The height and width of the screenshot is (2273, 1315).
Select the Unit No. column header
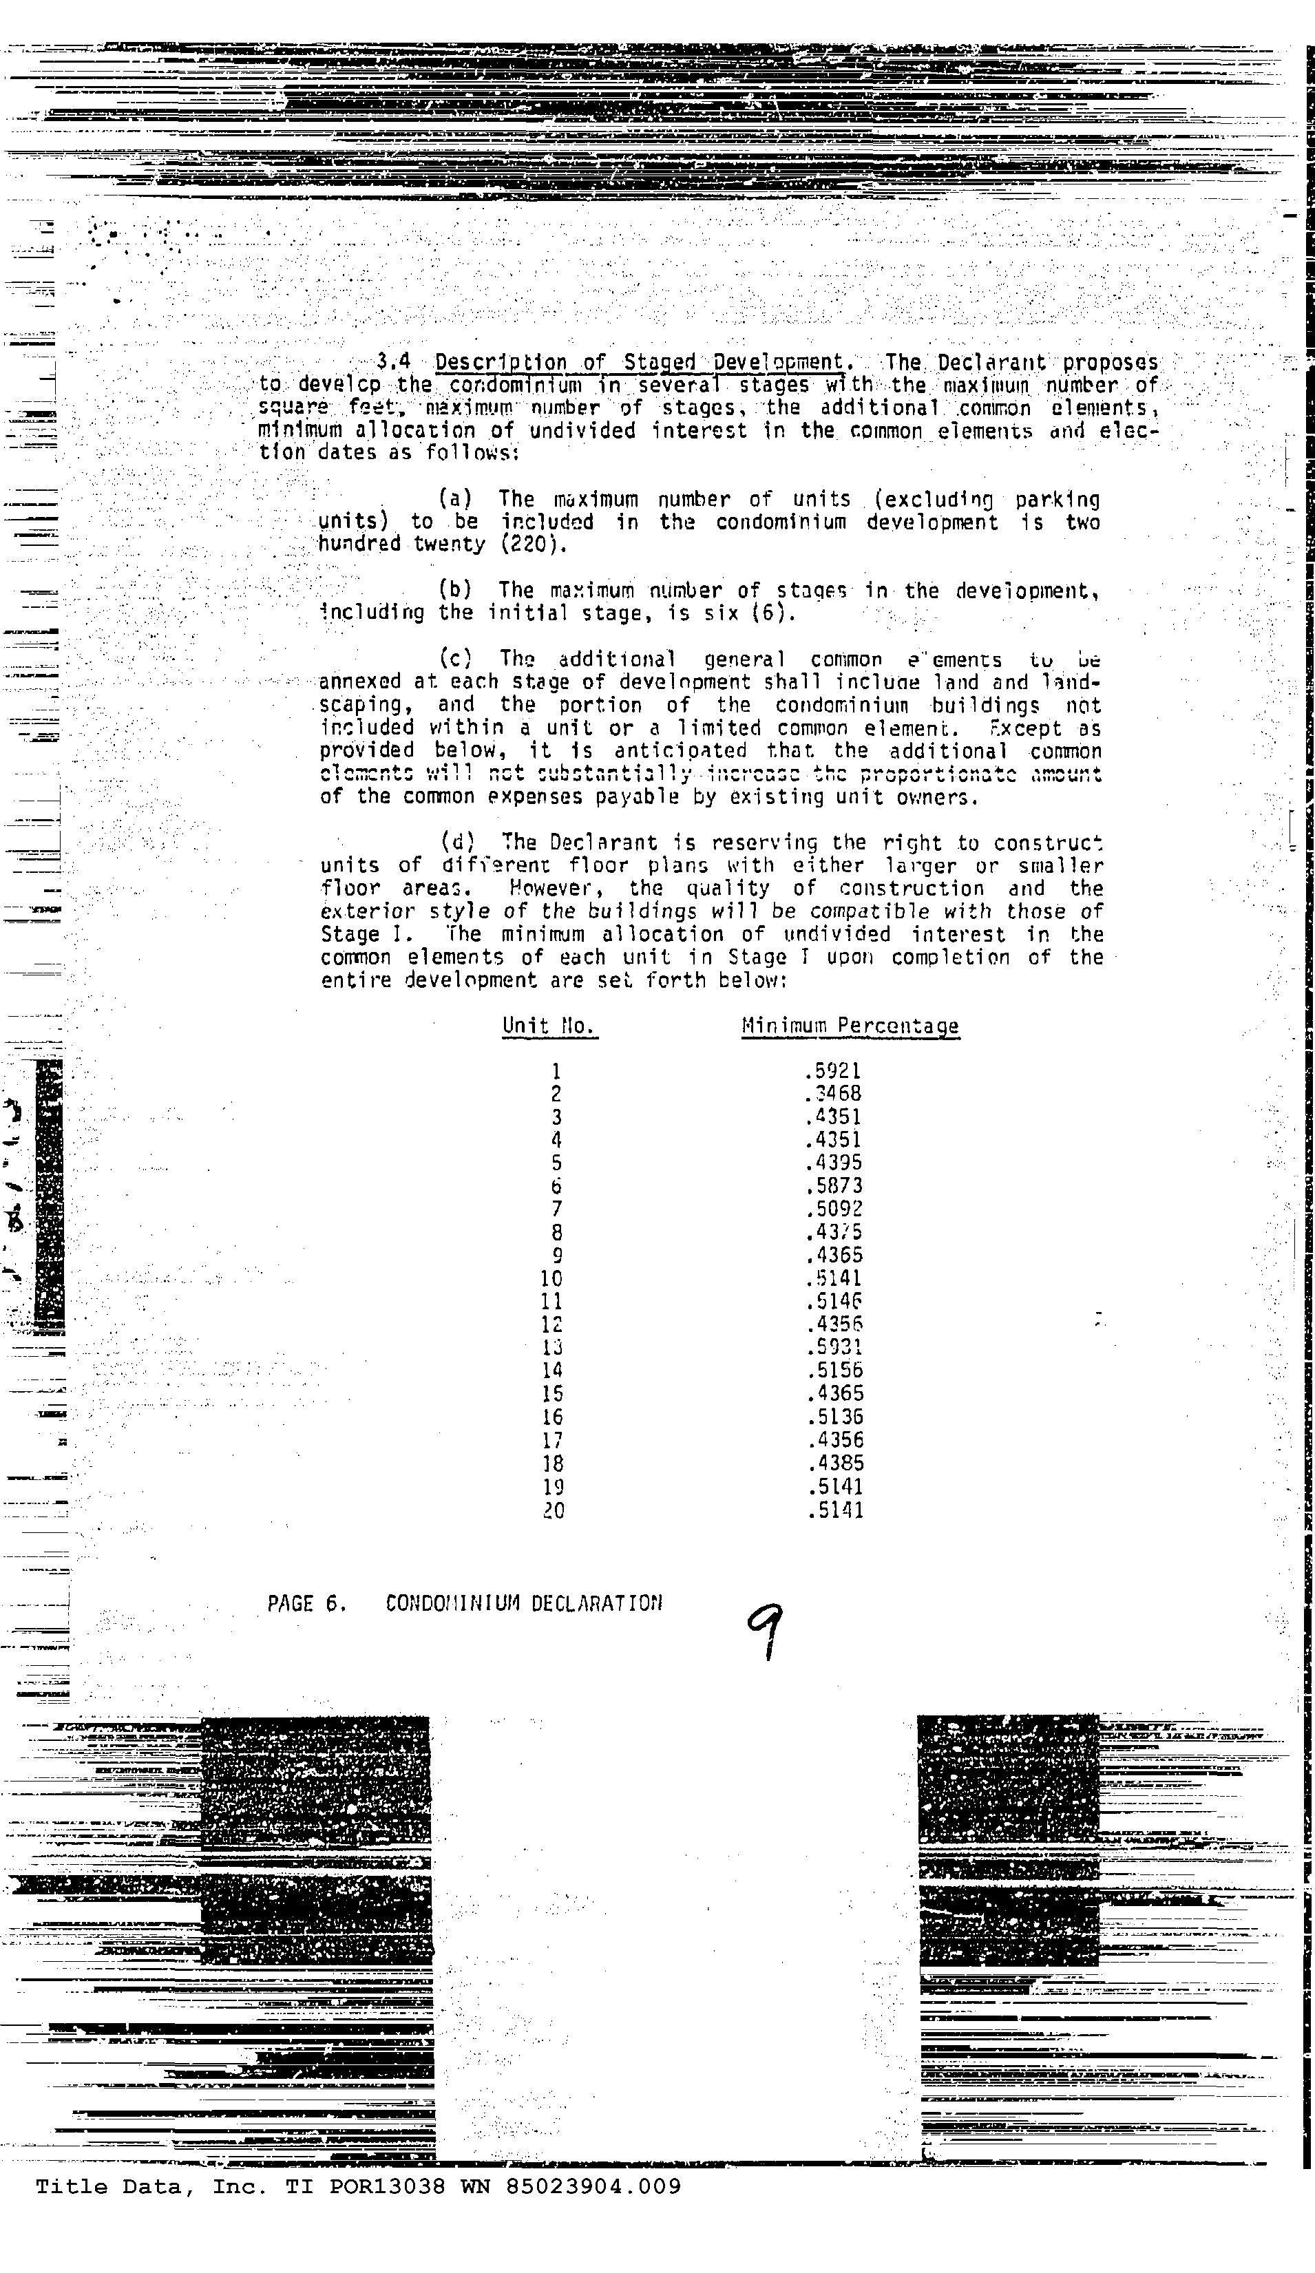tap(549, 1026)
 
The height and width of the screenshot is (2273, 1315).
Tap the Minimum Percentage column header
tap(850, 1026)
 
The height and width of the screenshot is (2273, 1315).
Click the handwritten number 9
tap(765, 1631)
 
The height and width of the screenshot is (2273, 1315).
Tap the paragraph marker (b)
tap(456, 591)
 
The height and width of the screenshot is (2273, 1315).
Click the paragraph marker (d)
tap(456, 843)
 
